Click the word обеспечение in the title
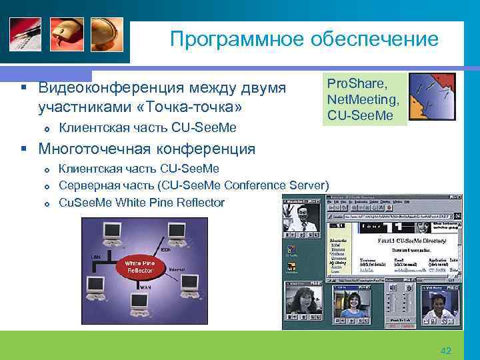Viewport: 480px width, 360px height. (x=373, y=39)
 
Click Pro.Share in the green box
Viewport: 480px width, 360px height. (x=357, y=82)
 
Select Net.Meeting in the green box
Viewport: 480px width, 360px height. (x=363, y=99)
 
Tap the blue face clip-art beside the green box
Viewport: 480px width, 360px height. (x=432, y=98)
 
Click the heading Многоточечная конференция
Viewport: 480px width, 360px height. (x=147, y=148)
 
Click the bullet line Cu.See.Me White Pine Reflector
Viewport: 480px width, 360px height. (x=141, y=202)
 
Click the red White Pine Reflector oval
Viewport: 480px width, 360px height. (x=139, y=267)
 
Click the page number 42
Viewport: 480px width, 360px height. (x=446, y=351)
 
